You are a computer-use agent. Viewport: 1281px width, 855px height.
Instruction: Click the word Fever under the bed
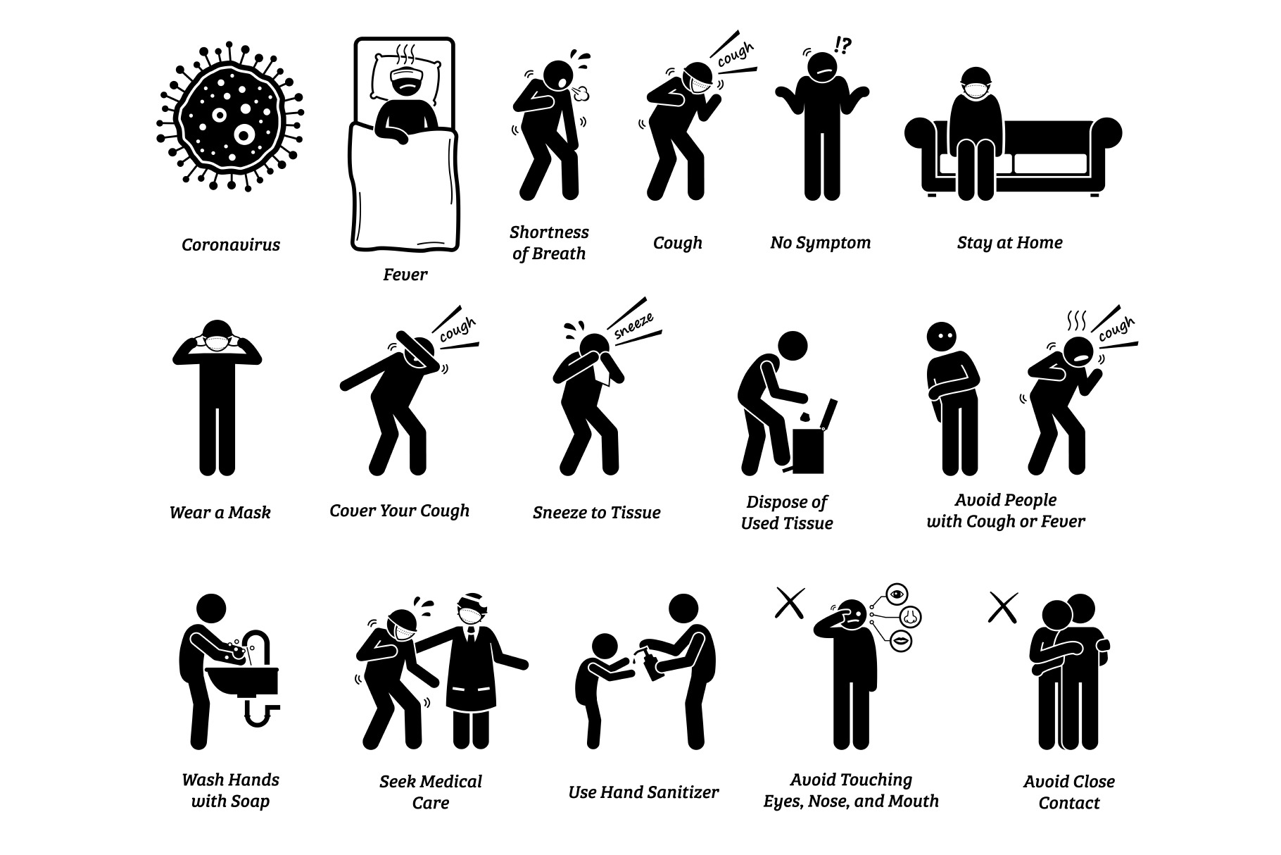pos(405,275)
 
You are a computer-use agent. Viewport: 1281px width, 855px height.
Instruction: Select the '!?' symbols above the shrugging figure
pos(842,46)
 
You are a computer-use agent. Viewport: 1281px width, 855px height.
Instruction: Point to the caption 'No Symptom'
pos(820,243)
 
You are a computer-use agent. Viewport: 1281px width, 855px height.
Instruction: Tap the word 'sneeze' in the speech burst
pos(633,327)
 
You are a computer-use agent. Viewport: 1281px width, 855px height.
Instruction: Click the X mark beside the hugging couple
pos(1003,606)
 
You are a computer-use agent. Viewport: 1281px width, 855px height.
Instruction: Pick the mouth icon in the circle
pos(900,641)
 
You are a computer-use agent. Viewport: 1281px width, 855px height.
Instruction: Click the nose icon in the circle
pos(910,618)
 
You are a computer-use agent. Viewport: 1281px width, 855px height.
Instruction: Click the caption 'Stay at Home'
pos(1009,243)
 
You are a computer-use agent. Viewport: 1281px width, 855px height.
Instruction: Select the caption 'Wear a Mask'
pos(220,513)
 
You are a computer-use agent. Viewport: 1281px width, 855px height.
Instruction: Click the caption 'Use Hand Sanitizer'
pos(643,793)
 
